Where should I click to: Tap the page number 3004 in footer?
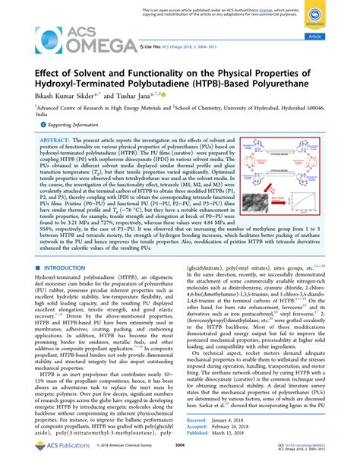(x=179, y=456)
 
